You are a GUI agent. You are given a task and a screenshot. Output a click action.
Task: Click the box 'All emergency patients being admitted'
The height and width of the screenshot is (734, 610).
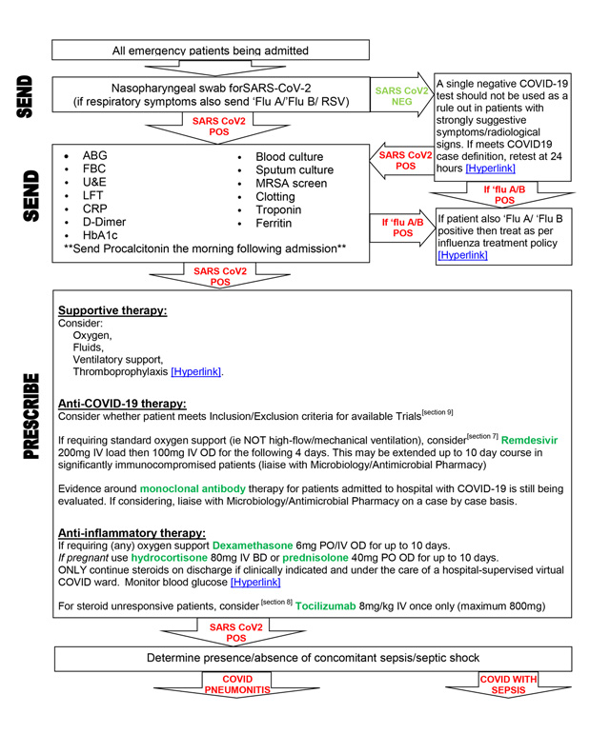(211, 50)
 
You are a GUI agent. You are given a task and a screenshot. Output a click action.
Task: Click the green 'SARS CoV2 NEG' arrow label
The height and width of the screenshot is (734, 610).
(400, 97)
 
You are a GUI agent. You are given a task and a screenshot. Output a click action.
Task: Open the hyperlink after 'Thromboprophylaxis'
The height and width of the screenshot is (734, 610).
(195, 372)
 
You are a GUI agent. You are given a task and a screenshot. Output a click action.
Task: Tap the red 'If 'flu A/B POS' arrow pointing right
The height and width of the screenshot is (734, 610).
(402, 227)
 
